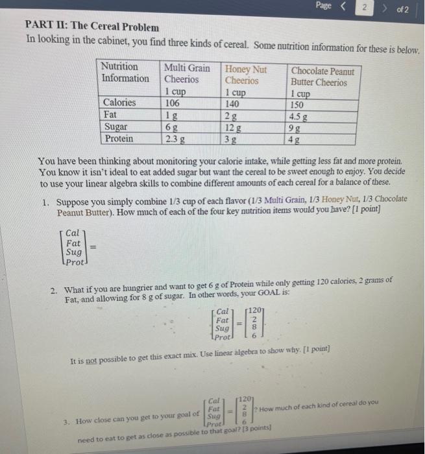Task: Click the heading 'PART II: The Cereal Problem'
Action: click(x=91, y=27)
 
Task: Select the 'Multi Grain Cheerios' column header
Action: click(x=187, y=73)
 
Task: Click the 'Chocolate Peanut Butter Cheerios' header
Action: click(x=322, y=77)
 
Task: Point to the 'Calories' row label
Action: click(x=120, y=102)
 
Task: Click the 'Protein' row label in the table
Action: click(x=119, y=138)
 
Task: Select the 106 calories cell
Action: click(x=172, y=102)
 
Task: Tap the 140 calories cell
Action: click(x=233, y=103)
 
